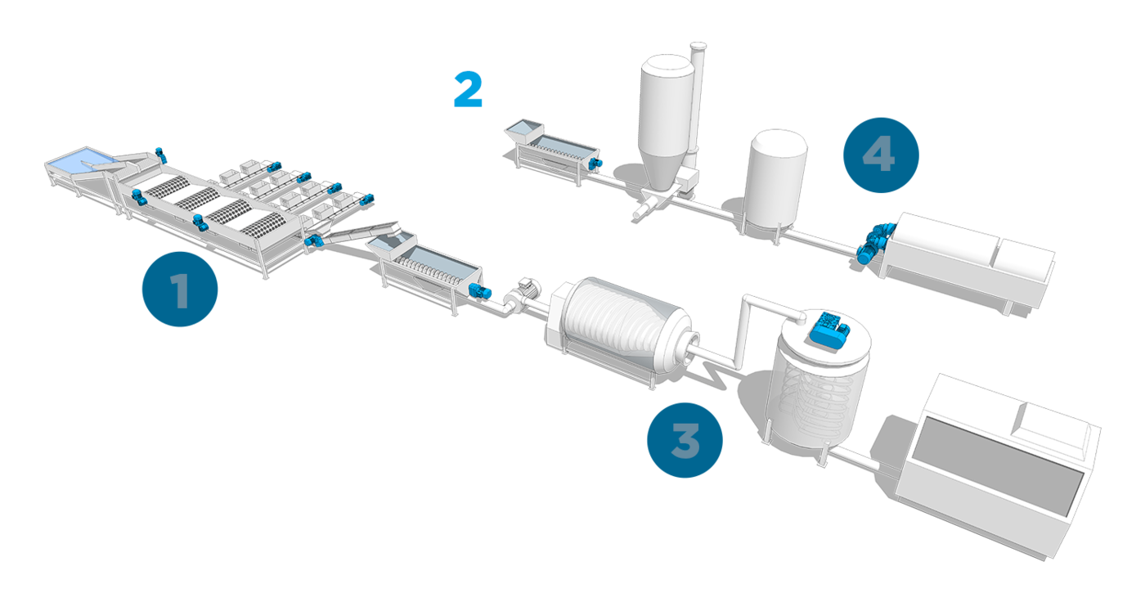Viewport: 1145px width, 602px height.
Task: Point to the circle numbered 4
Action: pos(880,155)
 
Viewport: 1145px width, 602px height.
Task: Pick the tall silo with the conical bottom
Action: pos(665,123)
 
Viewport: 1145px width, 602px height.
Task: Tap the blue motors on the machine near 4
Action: pos(875,244)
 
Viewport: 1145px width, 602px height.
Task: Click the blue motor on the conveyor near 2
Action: pos(597,164)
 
